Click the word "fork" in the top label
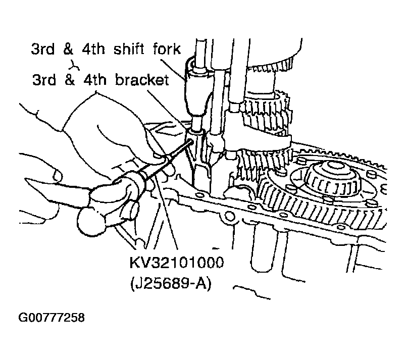(x=167, y=48)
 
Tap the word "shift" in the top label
(x=128, y=48)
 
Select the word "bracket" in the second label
(x=142, y=79)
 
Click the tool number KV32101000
(x=176, y=263)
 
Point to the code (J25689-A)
(x=171, y=283)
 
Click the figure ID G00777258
(x=52, y=318)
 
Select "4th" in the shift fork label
(x=93, y=48)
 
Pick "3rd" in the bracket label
(x=44, y=79)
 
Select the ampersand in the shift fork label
(x=68, y=48)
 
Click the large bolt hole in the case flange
(x=230, y=216)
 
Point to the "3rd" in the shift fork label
(x=43, y=48)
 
